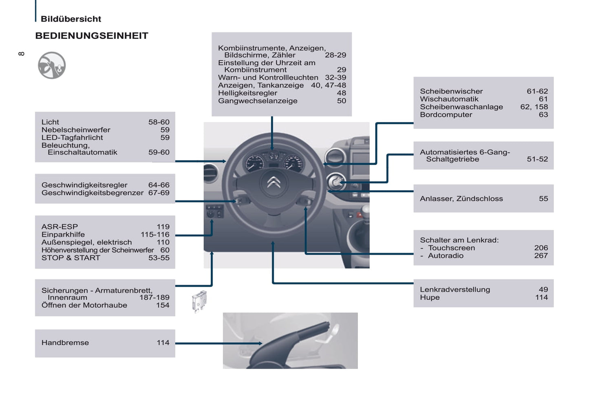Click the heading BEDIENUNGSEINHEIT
92,36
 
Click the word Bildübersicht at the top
71,19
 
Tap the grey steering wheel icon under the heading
52,65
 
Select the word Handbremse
65,343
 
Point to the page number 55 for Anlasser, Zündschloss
543,198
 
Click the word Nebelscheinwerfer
76,130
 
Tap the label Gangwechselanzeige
258,101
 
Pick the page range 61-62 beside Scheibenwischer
537,91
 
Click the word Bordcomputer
446,114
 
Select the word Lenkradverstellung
455,289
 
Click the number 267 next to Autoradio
541,255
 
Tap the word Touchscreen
452,248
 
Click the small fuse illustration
200,301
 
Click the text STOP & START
71,257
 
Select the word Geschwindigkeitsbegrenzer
93,193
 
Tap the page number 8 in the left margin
21,54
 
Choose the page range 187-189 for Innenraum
154,297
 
